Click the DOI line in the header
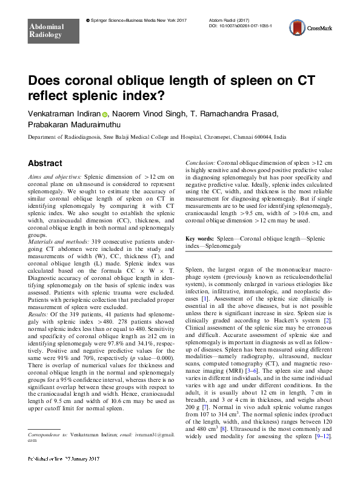[241, 27]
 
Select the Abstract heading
[45, 164]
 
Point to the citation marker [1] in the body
[205, 299]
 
